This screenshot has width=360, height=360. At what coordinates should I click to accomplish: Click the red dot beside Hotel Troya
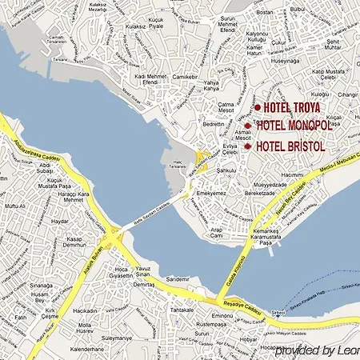point(258,107)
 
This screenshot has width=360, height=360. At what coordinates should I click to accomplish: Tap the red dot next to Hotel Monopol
point(249,126)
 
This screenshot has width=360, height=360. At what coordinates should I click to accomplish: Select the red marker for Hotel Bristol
point(249,146)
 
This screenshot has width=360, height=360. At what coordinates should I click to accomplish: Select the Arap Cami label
point(217,234)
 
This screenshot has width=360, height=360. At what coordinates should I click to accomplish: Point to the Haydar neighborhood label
point(60,222)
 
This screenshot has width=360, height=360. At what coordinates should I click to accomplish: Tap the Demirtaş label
point(144,284)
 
